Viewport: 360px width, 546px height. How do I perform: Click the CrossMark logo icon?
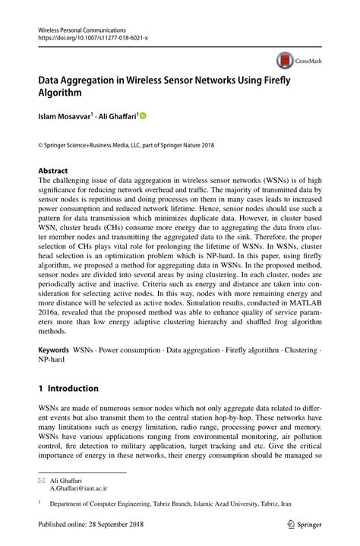coord(286,60)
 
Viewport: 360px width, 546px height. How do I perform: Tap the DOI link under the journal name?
coord(93,36)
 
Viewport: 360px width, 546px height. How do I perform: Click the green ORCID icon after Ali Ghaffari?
coord(141,116)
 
